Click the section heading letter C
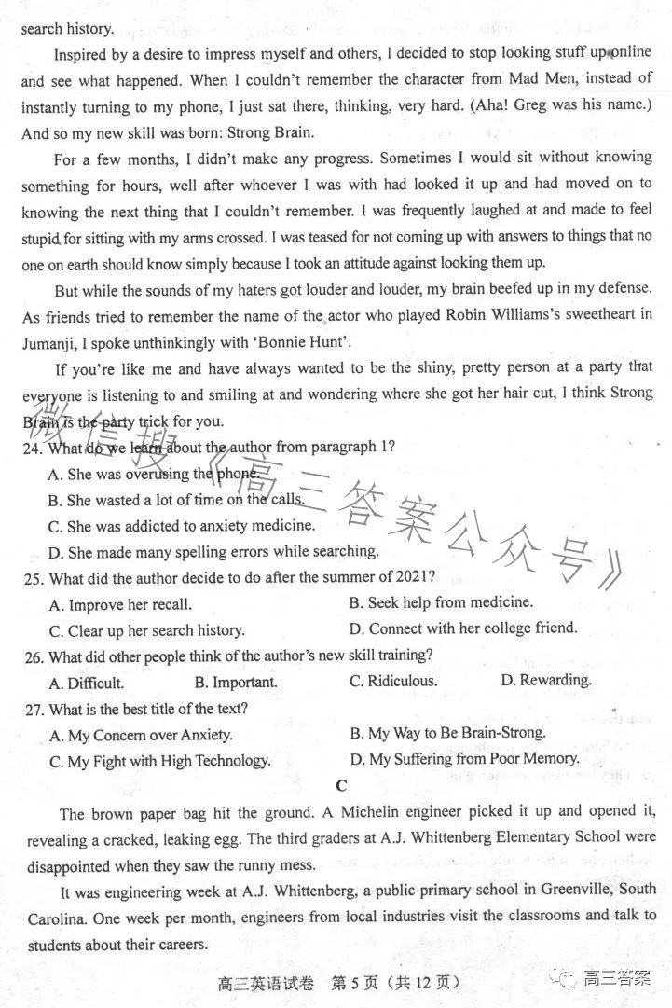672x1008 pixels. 341,786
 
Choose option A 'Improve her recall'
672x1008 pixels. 120,604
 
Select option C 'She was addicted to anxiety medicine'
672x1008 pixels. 181,526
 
